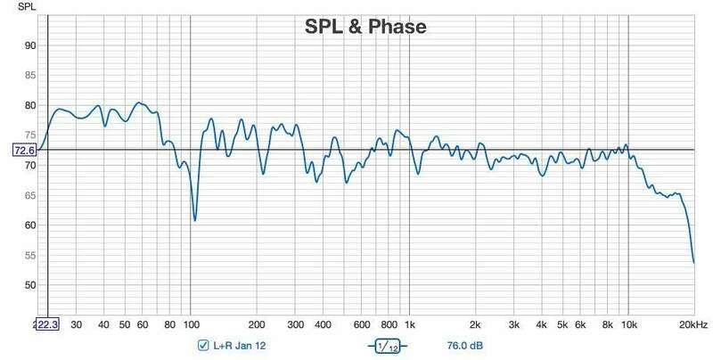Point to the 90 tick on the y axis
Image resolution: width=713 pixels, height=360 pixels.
(29, 45)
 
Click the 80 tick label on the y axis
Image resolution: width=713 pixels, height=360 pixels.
(29, 105)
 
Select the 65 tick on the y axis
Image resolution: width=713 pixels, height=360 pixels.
(29, 195)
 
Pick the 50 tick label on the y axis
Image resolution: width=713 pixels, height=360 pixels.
(29, 284)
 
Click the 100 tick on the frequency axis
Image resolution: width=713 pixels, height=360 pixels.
(191, 324)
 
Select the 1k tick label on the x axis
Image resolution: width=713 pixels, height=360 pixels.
(410, 324)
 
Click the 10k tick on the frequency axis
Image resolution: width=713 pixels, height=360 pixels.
(628, 324)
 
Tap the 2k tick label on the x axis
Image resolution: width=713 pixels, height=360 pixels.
(476, 324)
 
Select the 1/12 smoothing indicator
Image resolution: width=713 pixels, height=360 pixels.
(386, 346)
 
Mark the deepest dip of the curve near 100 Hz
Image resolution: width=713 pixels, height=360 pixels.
(194, 220)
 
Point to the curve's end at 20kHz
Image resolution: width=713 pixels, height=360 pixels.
(693, 263)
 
